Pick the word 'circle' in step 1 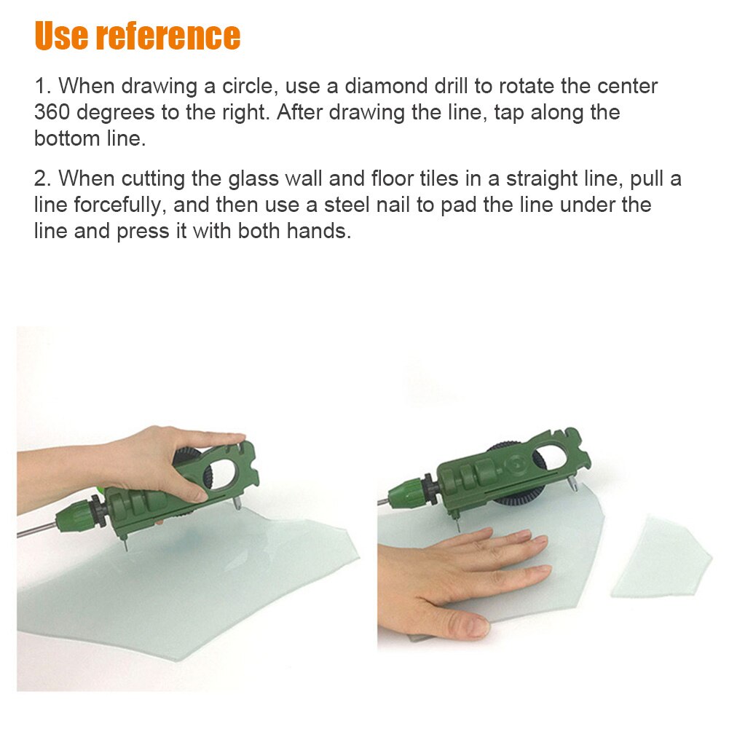point(245,86)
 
